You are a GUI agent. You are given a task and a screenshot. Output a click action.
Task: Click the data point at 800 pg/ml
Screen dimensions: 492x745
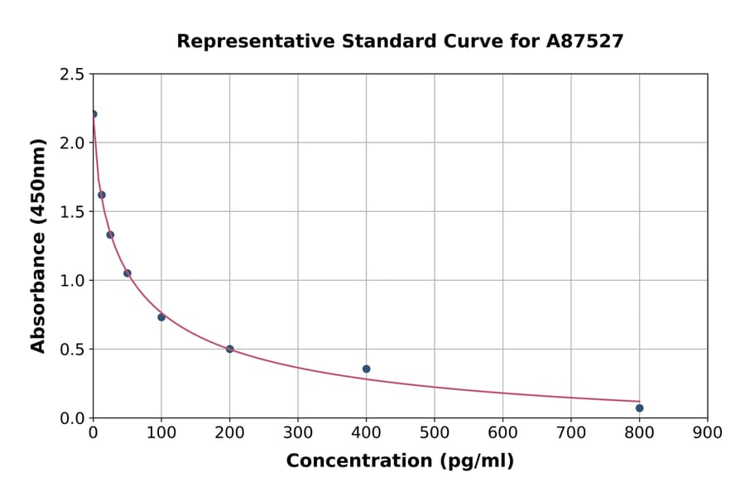(639, 408)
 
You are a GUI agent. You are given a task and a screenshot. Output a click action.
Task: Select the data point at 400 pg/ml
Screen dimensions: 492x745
(366, 369)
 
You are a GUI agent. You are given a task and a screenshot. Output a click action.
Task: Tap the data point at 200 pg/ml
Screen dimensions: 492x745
(229, 349)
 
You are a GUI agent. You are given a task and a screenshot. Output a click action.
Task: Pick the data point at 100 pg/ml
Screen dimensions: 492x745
(161, 317)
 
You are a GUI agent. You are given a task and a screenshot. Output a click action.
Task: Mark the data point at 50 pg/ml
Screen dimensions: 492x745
(127, 273)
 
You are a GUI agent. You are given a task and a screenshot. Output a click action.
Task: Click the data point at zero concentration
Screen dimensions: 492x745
(93, 114)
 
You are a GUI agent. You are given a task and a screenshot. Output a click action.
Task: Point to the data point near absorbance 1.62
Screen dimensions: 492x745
(101, 195)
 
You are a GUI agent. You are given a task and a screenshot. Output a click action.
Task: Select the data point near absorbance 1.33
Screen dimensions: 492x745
(110, 234)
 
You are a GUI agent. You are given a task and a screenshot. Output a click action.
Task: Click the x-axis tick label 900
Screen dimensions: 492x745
(707, 432)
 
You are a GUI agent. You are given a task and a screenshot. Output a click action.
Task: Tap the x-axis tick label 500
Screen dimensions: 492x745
(434, 432)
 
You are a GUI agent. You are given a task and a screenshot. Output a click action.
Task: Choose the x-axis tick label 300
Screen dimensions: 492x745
(297, 432)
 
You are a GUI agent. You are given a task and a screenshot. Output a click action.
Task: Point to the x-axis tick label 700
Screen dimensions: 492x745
(570, 432)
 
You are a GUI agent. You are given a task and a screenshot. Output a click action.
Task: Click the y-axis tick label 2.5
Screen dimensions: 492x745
(71, 75)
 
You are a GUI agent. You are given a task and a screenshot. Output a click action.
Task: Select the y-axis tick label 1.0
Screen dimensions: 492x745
(71, 281)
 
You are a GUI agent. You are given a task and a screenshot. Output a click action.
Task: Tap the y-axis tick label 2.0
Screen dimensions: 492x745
(71, 143)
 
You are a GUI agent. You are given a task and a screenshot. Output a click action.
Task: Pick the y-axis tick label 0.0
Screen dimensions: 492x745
(71, 418)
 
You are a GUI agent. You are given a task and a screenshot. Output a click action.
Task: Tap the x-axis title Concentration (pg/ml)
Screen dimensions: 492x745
(400, 461)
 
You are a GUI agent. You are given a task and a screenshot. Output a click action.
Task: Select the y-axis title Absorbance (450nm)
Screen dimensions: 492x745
(38, 245)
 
